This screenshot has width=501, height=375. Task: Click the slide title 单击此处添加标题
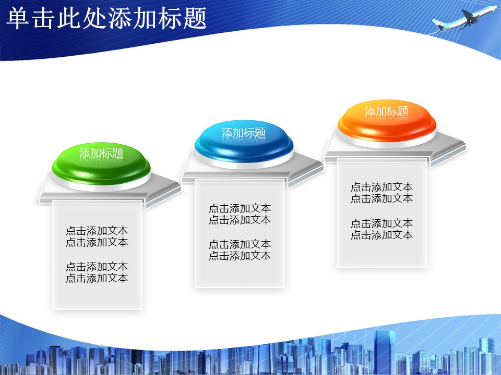coord(106,19)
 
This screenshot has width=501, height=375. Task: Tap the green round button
coord(101,164)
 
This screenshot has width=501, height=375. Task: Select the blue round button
coord(244,142)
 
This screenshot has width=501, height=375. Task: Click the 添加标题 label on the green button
coord(101,153)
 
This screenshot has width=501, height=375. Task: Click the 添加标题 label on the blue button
coord(244,133)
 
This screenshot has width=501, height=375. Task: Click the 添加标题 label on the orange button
coord(387,111)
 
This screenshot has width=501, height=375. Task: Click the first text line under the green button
coord(97,231)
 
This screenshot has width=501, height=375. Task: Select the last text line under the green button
coord(97,278)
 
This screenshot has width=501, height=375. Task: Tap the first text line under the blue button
coord(240,208)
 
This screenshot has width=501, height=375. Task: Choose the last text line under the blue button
coord(240,256)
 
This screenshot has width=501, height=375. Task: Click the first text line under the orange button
coord(381,187)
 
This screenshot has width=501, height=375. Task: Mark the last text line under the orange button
coord(381,235)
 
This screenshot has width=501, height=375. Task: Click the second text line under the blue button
coord(240,220)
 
